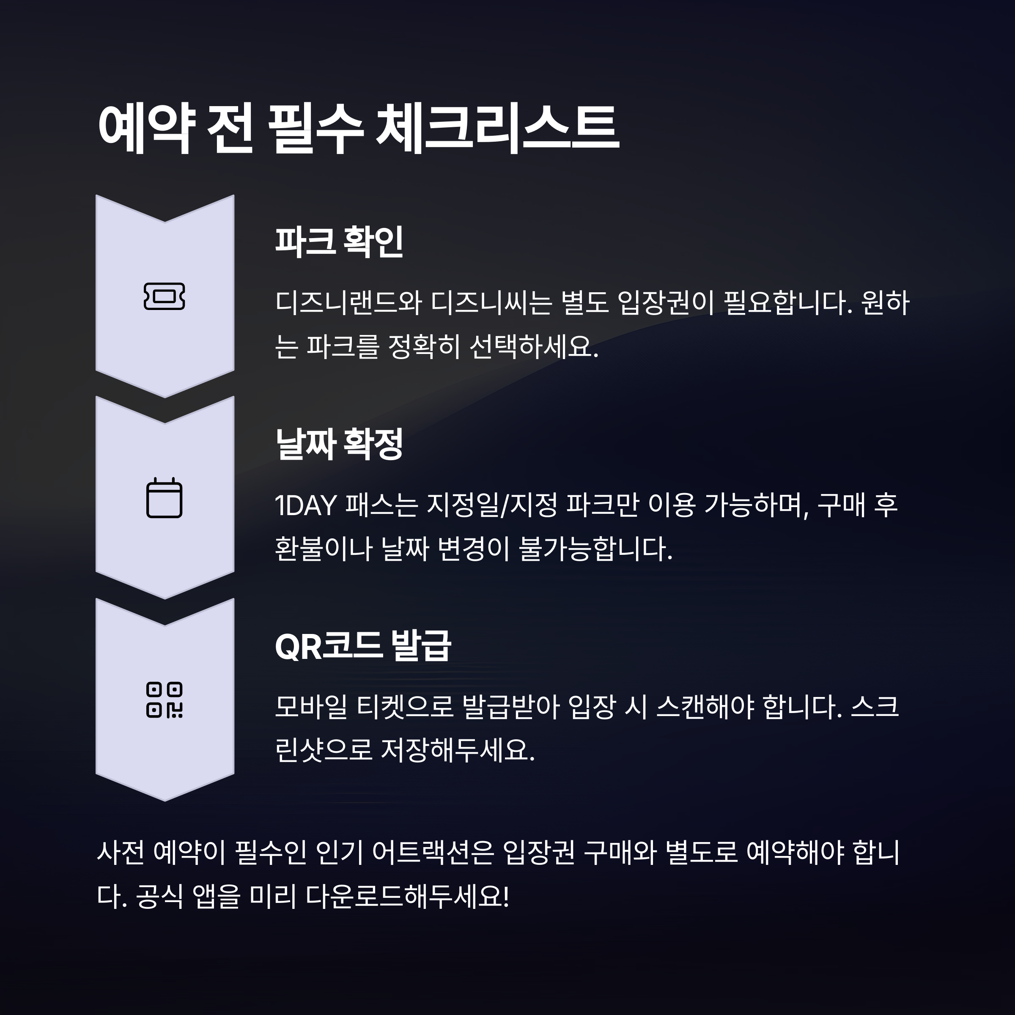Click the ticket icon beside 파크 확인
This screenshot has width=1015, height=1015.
point(165,296)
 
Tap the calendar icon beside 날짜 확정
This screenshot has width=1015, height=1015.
point(165,498)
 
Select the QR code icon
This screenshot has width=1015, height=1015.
point(165,700)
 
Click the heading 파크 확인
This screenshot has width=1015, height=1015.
point(339,242)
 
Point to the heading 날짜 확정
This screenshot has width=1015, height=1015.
point(339,444)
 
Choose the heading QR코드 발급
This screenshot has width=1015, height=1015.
point(362,646)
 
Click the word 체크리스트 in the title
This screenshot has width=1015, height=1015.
point(497,129)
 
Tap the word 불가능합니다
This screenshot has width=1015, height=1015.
point(595,549)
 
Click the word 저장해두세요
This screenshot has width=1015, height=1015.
point(457,751)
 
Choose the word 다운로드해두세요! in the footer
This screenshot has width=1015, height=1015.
point(408,897)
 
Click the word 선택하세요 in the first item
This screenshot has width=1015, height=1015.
point(533,347)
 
